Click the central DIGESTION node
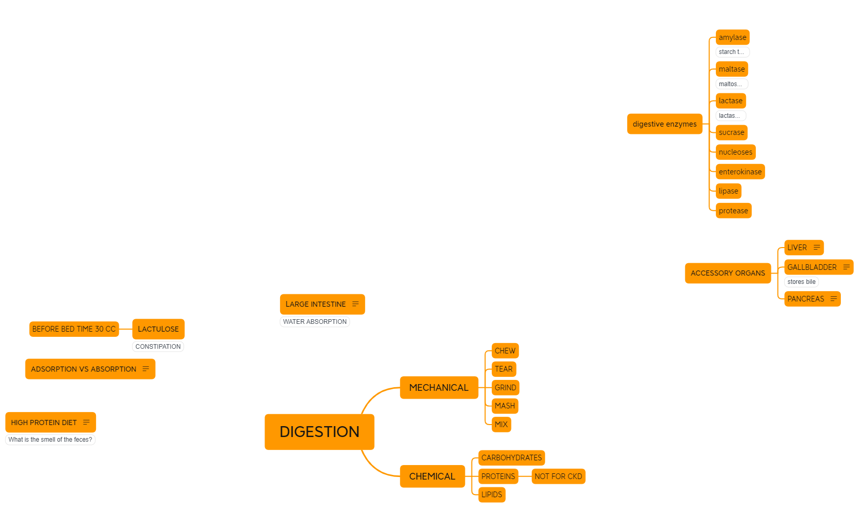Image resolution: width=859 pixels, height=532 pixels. (x=319, y=432)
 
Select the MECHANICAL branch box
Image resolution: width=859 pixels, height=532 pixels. (x=439, y=388)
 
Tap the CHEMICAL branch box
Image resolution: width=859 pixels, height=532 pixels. (x=432, y=476)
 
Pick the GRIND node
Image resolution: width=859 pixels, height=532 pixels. (x=505, y=388)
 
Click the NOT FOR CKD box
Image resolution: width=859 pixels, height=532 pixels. (x=558, y=476)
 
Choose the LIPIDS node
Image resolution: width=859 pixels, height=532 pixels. (x=491, y=495)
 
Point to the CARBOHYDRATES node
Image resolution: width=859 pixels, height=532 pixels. (x=511, y=458)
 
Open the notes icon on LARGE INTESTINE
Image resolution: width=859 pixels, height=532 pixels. (x=355, y=304)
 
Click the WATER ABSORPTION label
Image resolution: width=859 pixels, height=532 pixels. (x=315, y=322)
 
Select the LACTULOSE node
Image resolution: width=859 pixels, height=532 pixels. (x=158, y=329)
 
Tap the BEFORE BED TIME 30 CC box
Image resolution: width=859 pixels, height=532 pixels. (x=74, y=329)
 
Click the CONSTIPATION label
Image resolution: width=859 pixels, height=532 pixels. (x=158, y=347)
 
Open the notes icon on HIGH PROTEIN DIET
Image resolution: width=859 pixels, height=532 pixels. (x=87, y=422)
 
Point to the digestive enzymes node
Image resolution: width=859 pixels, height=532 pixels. (x=664, y=124)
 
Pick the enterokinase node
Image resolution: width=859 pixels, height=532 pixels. (x=740, y=172)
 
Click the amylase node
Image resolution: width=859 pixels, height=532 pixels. (x=732, y=37)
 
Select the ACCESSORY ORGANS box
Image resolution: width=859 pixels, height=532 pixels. (x=728, y=273)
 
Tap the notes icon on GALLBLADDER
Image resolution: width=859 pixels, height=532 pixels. (x=847, y=267)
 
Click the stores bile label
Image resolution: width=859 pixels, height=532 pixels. (x=801, y=282)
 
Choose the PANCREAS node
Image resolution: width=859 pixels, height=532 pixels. (x=806, y=299)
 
